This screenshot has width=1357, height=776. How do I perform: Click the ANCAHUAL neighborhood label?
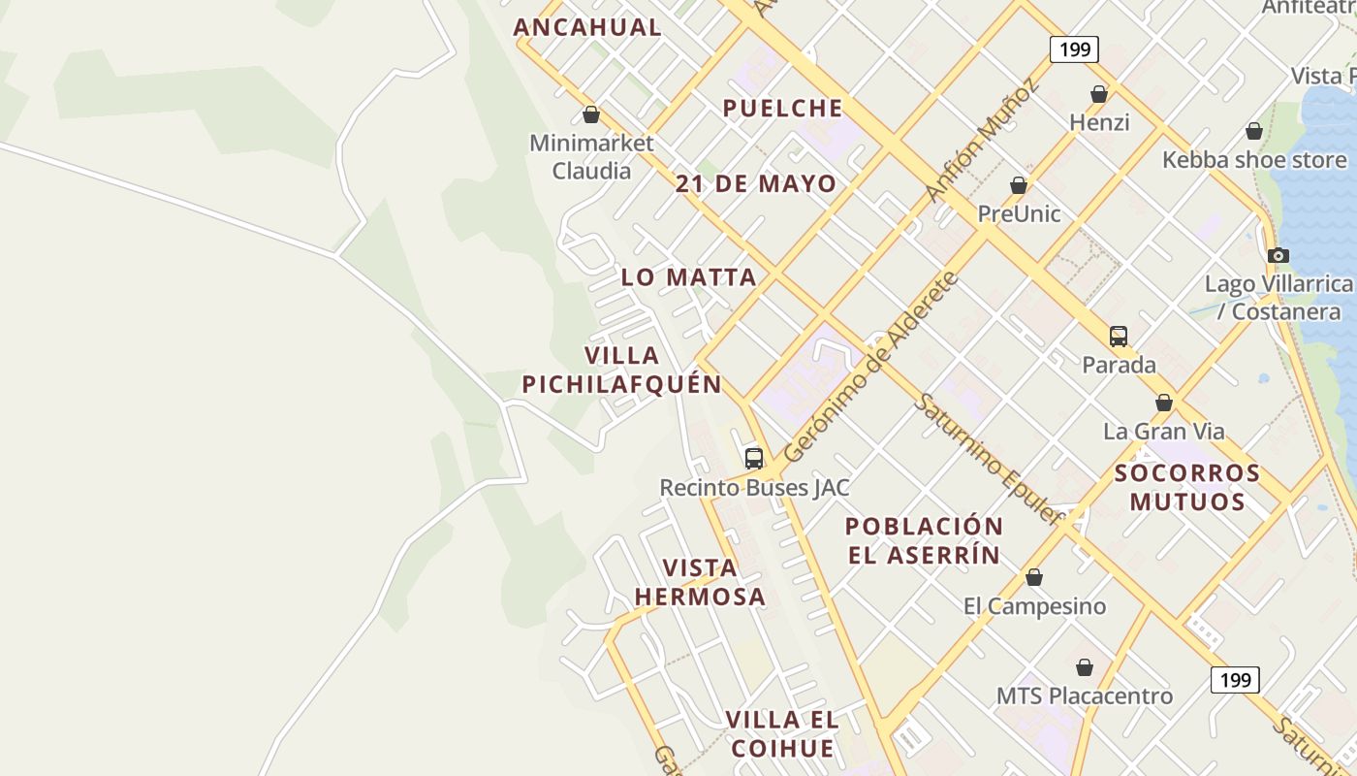(x=587, y=27)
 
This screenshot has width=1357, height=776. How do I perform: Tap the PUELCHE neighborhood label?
(x=782, y=108)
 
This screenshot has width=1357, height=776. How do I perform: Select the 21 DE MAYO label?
(x=756, y=183)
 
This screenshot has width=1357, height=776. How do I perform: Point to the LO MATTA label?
(x=688, y=277)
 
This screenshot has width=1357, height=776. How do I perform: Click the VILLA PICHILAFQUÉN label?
(x=622, y=370)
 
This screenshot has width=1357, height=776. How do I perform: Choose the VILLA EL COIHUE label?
(x=782, y=734)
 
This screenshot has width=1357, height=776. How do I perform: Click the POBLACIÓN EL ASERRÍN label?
(x=924, y=540)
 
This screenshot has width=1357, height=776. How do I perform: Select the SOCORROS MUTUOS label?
(x=1187, y=487)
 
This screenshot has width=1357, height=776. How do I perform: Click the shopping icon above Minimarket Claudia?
(x=591, y=115)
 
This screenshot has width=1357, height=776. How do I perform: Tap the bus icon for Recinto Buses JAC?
(x=754, y=458)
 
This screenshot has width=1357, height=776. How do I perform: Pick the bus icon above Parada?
(x=1119, y=337)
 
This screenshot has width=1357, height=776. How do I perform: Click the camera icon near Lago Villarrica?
(x=1278, y=256)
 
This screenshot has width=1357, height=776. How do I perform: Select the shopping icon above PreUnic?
(x=1019, y=185)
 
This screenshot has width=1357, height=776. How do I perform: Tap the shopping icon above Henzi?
(x=1099, y=94)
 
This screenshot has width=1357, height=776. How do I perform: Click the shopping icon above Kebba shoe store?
(x=1254, y=131)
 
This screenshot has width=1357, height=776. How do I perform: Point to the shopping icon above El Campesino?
(x=1034, y=578)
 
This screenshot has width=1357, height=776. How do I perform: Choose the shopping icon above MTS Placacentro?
(x=1085, y=668)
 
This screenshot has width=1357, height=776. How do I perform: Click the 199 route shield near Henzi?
(x=1074, y=49)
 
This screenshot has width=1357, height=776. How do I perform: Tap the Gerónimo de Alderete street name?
(x=870, y=368)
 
